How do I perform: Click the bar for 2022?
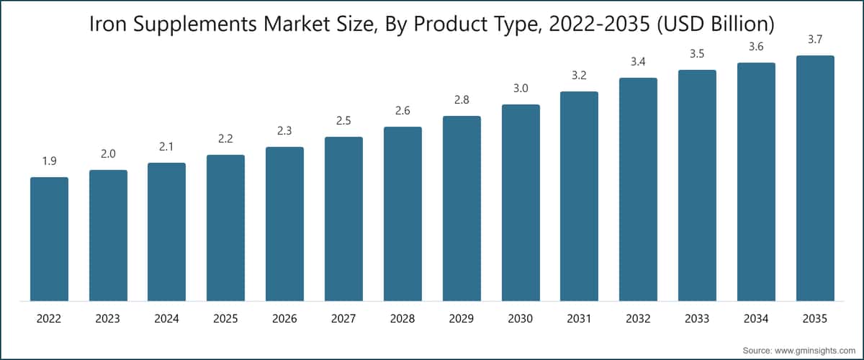[x=50, y=239]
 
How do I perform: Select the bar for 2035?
[x=815, y=179]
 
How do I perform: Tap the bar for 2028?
[x=402, y=214]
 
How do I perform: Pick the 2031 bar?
[x=579, y=196]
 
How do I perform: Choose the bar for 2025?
[x=225, y=228]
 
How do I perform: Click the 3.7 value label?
[x=815, y=40]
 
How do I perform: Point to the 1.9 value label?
[x=50, y=161]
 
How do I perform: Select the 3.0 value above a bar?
[x=521, y=89]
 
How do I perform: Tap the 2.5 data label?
[x=343, y=121]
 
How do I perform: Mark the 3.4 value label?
[x=638, y=62]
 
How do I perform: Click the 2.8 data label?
[x=462, y=100]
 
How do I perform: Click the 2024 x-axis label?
[x=166, y=319]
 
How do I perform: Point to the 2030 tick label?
[x=521, y=319]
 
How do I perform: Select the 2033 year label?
[x=697, y=319]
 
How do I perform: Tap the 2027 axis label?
[x=343, y=319]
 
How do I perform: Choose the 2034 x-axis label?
[x=756, y=319]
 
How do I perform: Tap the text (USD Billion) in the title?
[x=716, y=24]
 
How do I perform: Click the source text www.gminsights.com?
[x=814, y=351]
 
